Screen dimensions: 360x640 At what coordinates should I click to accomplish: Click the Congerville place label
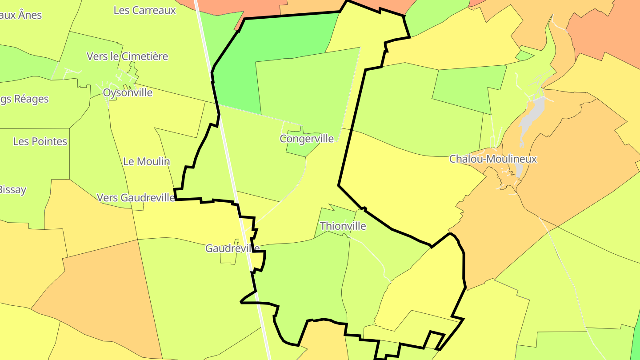307,139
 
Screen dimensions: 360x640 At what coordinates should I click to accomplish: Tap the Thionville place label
343,226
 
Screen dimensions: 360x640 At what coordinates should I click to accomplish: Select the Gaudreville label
232,248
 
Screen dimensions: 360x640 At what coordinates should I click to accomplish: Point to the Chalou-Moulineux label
493,159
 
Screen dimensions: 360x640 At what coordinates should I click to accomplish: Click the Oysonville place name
128,93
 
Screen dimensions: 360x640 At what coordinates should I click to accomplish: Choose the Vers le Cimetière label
128,56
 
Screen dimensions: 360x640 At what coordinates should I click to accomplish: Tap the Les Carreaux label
145,10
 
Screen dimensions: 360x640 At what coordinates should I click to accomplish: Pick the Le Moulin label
147,161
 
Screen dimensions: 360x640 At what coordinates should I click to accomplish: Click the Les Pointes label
40,141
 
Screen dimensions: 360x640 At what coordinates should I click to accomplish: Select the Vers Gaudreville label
136,198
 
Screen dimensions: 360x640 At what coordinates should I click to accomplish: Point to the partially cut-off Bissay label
12,190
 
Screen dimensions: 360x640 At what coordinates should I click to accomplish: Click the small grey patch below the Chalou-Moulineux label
519,170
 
